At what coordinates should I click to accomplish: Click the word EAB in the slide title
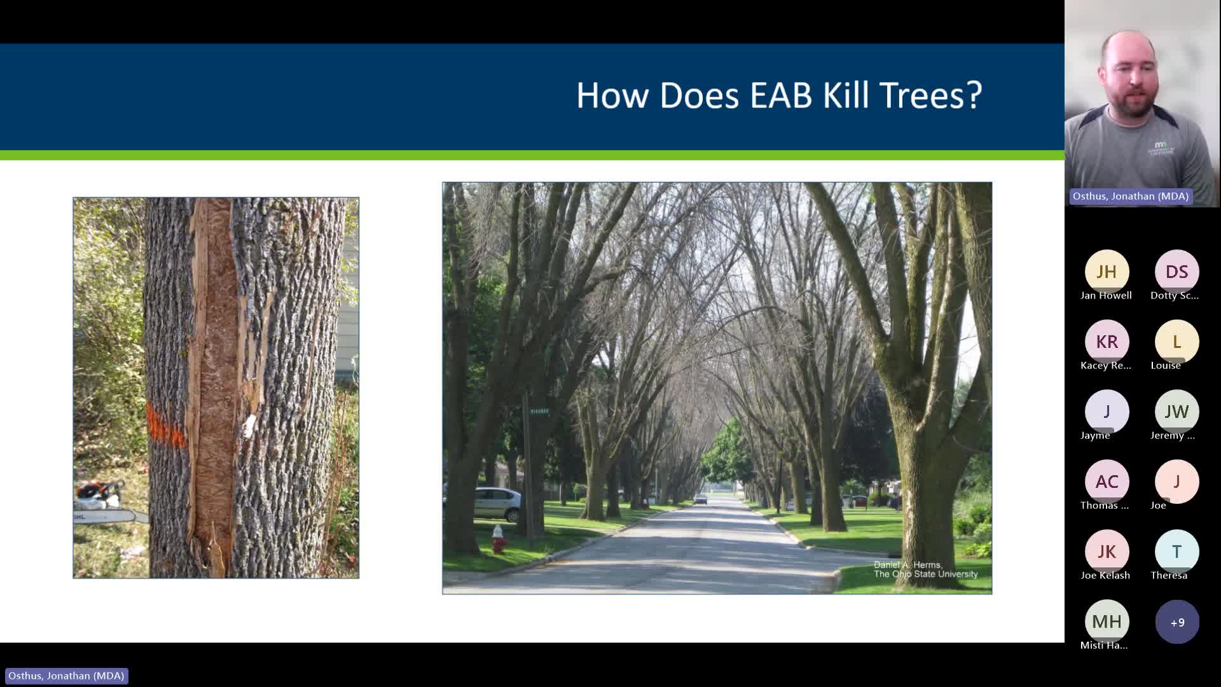780,95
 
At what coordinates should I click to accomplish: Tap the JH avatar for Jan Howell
1107,272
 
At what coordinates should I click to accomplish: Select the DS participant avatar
1176,272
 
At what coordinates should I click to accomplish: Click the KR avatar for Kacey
1107,342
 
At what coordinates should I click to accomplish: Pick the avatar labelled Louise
1176,342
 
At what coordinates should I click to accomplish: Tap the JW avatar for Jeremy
1176,412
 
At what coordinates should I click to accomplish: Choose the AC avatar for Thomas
1107,482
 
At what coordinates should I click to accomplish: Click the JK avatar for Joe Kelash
1107,552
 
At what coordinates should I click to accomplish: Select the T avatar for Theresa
1176,552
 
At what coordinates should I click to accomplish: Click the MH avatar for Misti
1107,621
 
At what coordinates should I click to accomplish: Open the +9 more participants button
1176,621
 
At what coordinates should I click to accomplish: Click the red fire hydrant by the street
498,539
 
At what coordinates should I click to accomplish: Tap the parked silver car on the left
496,504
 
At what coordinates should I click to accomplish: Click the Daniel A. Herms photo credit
925,569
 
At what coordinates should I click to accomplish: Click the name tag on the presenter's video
1130,196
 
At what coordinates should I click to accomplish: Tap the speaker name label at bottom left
66,676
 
